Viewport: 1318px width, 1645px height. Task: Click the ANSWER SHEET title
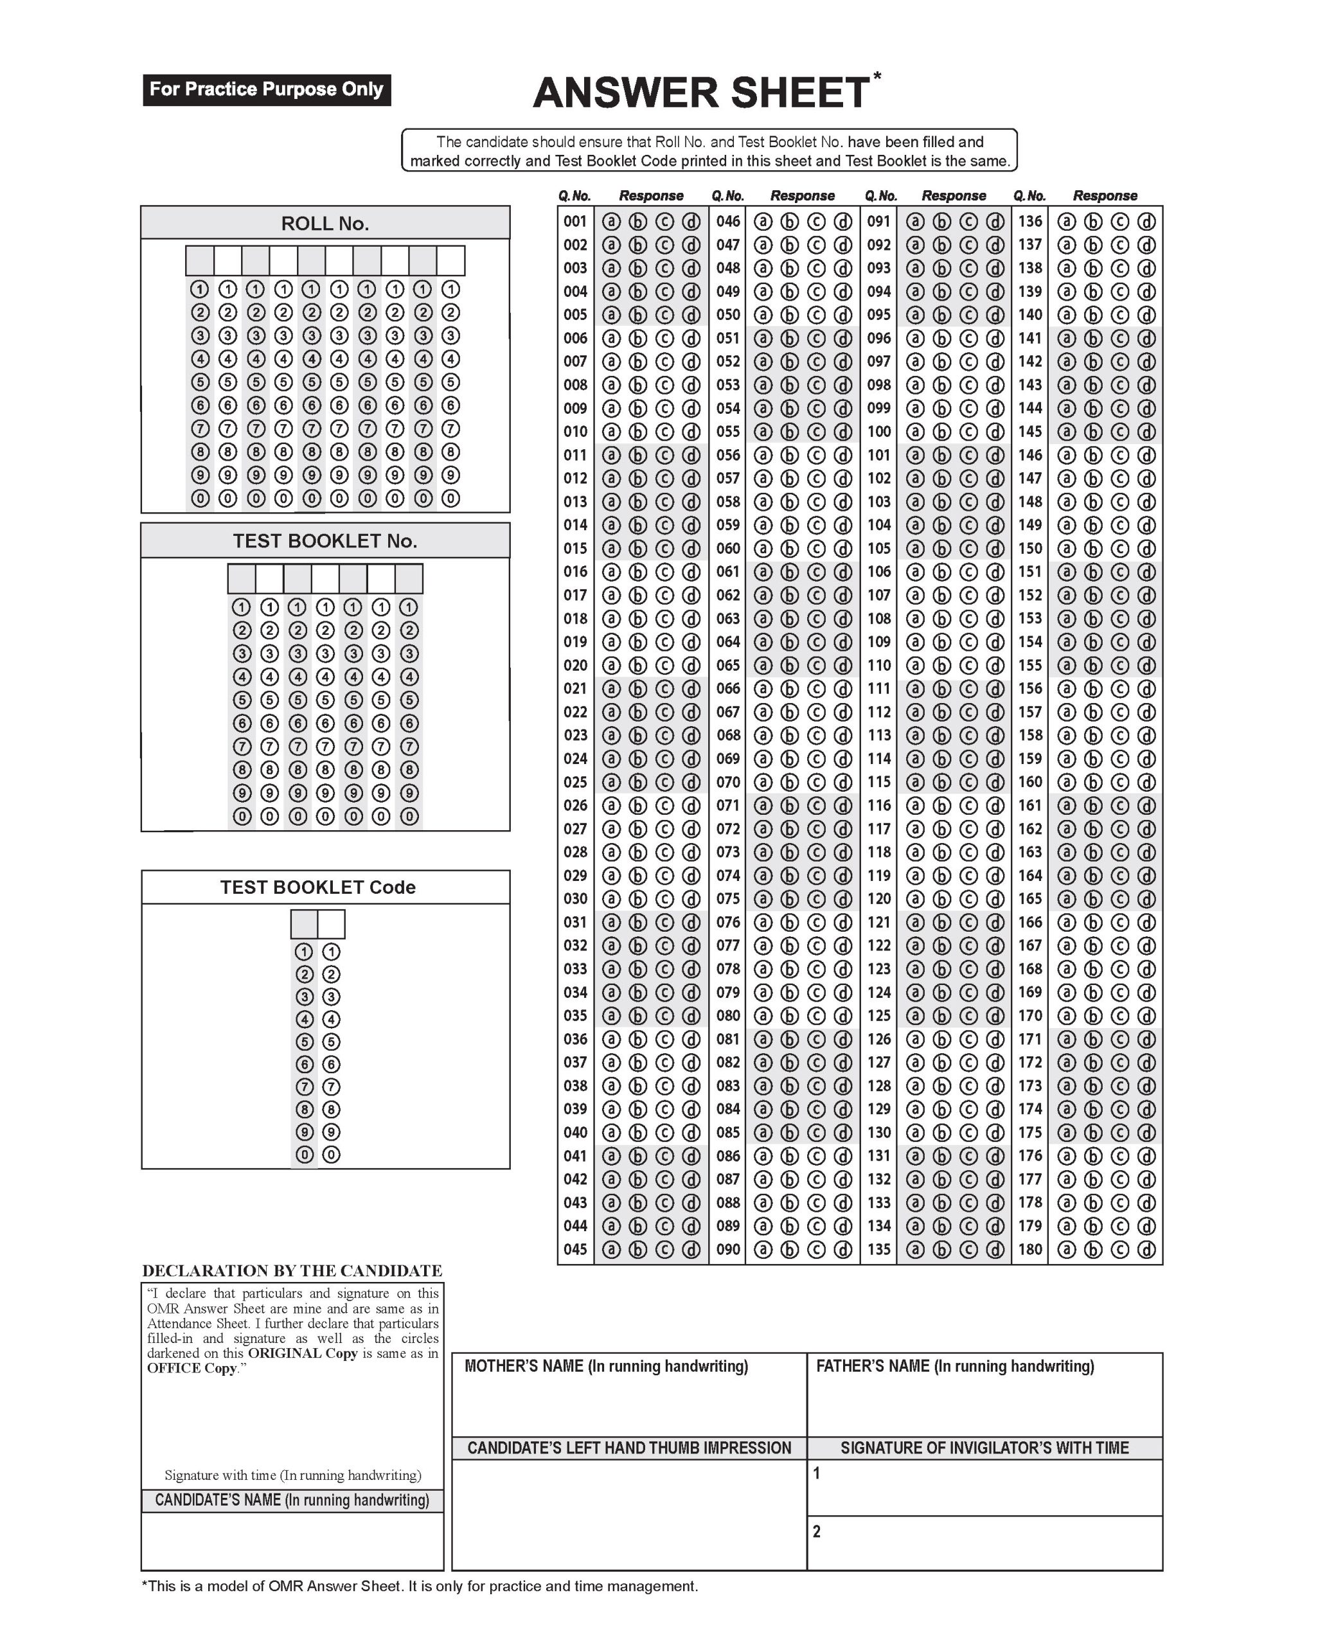pyautogui.click(x=700, y=93)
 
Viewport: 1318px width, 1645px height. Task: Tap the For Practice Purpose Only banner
pyautogui.click(x=266, y=89)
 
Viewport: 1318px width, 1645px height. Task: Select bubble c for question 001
pyautogui.click(x=664, y=221)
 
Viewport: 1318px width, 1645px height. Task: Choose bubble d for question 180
pyautogui.click(x=1146, y=1249)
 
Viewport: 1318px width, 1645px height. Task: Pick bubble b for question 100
pyautogui.click(x=942, y=432)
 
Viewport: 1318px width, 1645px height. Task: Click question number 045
pyautogui.click(x=575, y=1249)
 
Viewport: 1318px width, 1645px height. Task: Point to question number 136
pyautogui.click(x=1029, y=221)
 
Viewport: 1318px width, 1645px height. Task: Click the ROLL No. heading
pyautogui.click(x=325, y=224)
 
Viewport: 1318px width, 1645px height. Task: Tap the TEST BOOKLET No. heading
pyautogui.click(x=325, y=541)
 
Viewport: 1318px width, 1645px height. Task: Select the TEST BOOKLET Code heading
pyautogui.click(x=317, y=887)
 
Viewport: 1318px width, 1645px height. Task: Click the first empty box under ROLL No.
pyautogui.click(x=200, y=261)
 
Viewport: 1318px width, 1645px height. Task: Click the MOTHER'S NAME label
pyautogui.click(x=607, y=1365)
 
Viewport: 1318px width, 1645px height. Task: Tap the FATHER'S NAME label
pyautogui.click(x=955, y=1365)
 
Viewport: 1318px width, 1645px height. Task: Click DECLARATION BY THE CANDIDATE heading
pyautogui.click(x=292, y=1271)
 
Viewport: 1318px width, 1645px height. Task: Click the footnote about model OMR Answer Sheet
pyautogui.click(x=420, y=1587)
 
